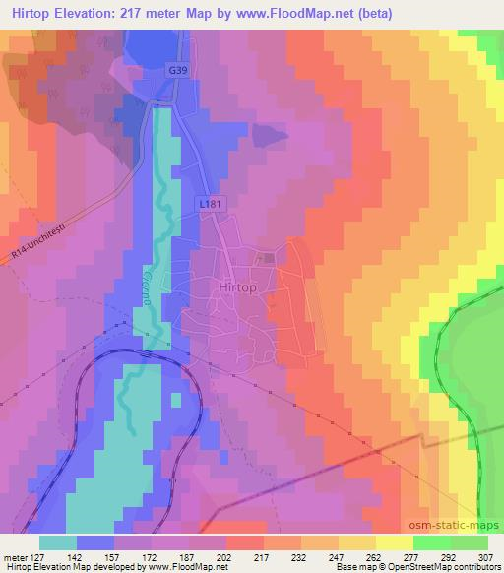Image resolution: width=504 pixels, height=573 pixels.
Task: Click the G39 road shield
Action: point(176,72)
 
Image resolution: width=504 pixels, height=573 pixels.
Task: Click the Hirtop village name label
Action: point(233,286)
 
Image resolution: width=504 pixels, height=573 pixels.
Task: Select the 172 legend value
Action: point(149,556)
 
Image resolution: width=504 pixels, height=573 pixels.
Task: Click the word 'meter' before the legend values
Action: point(15,556)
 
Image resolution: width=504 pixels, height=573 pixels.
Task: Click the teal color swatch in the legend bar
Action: point(58,541)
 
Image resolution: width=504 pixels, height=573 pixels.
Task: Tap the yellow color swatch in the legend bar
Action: point(393,541)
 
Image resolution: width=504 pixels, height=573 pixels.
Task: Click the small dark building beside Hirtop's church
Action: point(270,258)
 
